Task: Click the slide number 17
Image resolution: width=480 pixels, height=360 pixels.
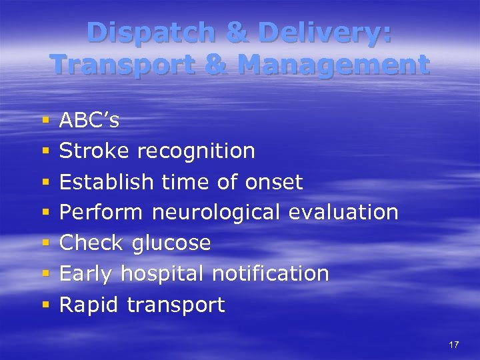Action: [x=454, y=345]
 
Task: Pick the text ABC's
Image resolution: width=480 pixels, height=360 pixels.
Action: [x=89, y=120]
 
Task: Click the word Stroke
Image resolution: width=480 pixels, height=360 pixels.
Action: [x=95, y=151]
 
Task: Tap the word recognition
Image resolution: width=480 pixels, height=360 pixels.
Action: [x=196, y=151]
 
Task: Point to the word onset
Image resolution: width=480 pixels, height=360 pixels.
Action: [x=274, y=181]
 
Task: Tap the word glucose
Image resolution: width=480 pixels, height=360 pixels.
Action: [x=171, y=243]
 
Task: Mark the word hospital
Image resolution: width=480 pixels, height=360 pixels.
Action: [x=165, y=274]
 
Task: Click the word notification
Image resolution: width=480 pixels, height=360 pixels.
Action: [x=270, y=273]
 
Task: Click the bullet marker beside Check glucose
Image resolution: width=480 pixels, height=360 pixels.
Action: [x=46, y=243]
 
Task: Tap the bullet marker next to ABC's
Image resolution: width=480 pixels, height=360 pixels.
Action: [x=46, y=121]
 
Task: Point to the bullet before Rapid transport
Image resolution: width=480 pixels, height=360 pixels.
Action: [x=46, y=305]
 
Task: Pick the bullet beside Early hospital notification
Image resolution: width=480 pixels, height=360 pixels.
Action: [x=46, y=274]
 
